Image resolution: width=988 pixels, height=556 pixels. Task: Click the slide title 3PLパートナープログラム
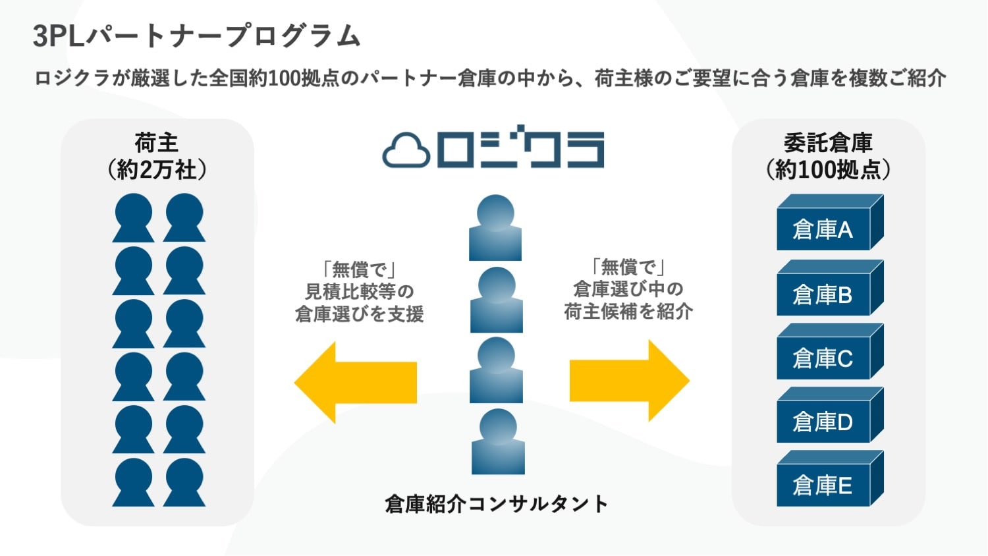[197, 36]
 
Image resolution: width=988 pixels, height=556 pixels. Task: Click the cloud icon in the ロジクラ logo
[406, 150]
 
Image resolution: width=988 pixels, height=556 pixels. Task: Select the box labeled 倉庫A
[830, 223]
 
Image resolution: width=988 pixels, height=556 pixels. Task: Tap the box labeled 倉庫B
[830, 288]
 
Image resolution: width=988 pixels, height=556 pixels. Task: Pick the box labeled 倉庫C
[830, 351]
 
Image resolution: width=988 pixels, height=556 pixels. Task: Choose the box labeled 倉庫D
[830, 415]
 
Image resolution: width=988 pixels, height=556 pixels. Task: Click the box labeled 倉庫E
[830, 478]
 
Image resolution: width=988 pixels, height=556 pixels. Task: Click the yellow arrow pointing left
[356, 382]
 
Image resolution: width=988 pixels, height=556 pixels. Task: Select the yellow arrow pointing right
[630, 380]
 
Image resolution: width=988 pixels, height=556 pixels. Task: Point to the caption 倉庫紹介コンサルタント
[496, 504]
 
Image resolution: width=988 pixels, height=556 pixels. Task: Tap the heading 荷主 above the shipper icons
[157, 142]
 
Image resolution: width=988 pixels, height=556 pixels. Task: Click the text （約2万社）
[157, 170]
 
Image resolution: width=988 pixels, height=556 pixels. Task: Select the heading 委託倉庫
[828, 142]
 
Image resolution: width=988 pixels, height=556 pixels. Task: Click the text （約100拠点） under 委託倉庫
[828, 170]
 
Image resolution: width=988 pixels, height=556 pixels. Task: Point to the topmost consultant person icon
[495, 228]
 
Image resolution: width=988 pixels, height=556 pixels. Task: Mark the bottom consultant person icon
[498, 441]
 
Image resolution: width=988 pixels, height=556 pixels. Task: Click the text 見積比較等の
[360, 291]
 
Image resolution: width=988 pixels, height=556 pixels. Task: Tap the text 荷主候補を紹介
[628, 311]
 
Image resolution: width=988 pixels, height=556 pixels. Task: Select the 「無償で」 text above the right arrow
[628, 267]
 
